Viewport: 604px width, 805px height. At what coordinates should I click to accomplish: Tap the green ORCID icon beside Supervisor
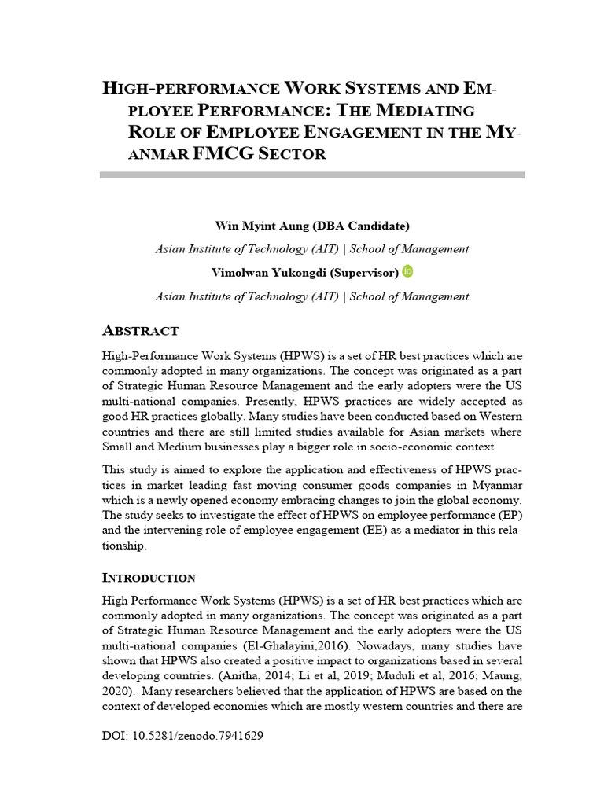click(x=407, y=271)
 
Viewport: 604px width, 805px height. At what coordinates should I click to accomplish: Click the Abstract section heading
click(x=141, y=330)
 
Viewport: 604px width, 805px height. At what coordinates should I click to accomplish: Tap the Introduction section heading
click(x=149, y=578)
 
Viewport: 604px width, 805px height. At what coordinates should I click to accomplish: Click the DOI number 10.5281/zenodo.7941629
click(x=195, y=737)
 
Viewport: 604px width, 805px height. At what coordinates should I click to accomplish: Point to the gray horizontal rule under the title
click(x=312, y=174)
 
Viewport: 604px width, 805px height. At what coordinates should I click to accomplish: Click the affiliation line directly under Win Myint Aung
click(x=312, y=248)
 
